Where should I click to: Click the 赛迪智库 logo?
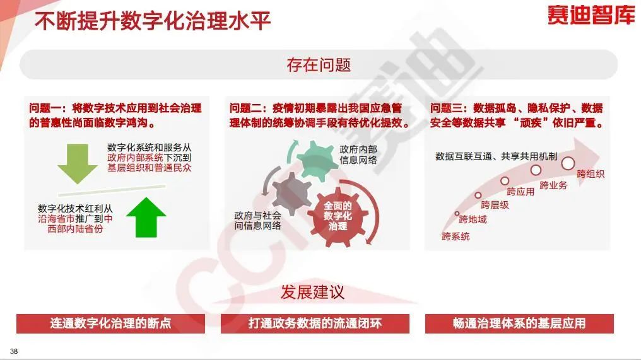click(x=591, y=15)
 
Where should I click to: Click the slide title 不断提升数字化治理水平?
click(x=153, y=21)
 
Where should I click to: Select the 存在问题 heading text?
click(x=319, y=64)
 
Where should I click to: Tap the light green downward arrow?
click(x=77, y=163)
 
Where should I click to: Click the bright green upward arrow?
click(x=146, y=218)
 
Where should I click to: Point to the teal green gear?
click(x=315, y=161)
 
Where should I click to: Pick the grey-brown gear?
click(x=291, y=194)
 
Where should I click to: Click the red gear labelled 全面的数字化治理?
click(x=338, y=216)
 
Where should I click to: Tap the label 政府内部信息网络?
click(x=358, y=154)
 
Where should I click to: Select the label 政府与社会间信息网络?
click(x=257, y=220)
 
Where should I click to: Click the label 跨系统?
click(x=456, y=236)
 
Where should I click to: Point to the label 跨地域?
click(x=473, y=219)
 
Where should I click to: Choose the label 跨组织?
click(x=591, y=174)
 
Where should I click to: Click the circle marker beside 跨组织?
click(x=568, y=163)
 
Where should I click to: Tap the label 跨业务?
click(x=553, y=185)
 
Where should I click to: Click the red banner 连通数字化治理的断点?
click(x=110, y=323)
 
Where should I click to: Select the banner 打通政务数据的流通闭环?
click(x=315, y=323)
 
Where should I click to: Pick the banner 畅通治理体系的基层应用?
click(x=519, y=323)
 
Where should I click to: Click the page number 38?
click(x=14, y=351)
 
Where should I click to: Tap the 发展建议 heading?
click(x=312, y=292)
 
